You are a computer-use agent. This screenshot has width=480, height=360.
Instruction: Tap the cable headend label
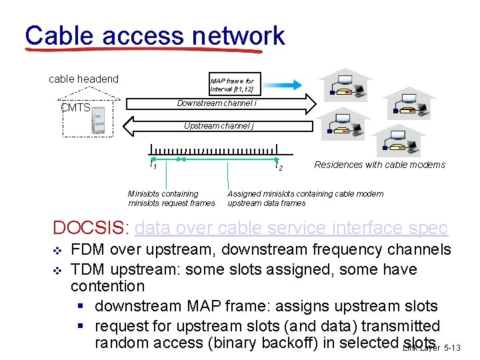tap(83, 79)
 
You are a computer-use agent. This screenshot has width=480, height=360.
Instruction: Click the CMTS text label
tap(75, 107)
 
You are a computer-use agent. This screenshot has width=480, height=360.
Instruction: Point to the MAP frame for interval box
tap(231, 85)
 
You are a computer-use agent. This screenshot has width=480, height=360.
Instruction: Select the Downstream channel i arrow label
tap(217, 103)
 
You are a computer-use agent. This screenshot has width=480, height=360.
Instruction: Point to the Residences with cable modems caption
tap(379, 165)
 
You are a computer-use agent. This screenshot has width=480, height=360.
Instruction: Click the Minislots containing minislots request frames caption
tap(171, 198)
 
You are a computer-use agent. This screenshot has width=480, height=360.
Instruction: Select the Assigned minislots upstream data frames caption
tap(305, 198)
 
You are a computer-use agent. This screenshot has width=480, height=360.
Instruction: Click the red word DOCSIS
tap(88, 228)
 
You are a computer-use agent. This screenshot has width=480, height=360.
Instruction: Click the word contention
tap(107, 287)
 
